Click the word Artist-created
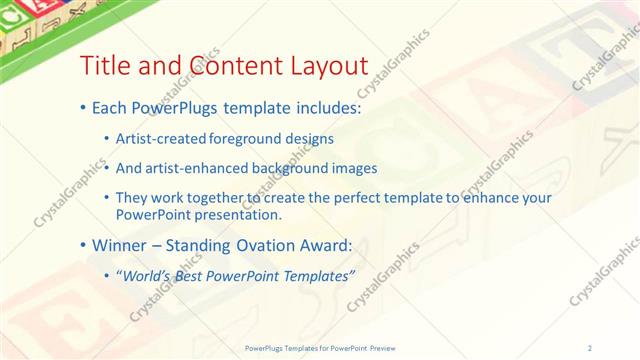(x=160, y=139)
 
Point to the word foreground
(x=246, y=139)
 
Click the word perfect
(x=342, y=198)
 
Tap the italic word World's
(x=144, y=275)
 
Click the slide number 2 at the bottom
(x=590, y=347)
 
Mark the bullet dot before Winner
(x=83, y=245)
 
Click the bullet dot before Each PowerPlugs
(x=83, y=107)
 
